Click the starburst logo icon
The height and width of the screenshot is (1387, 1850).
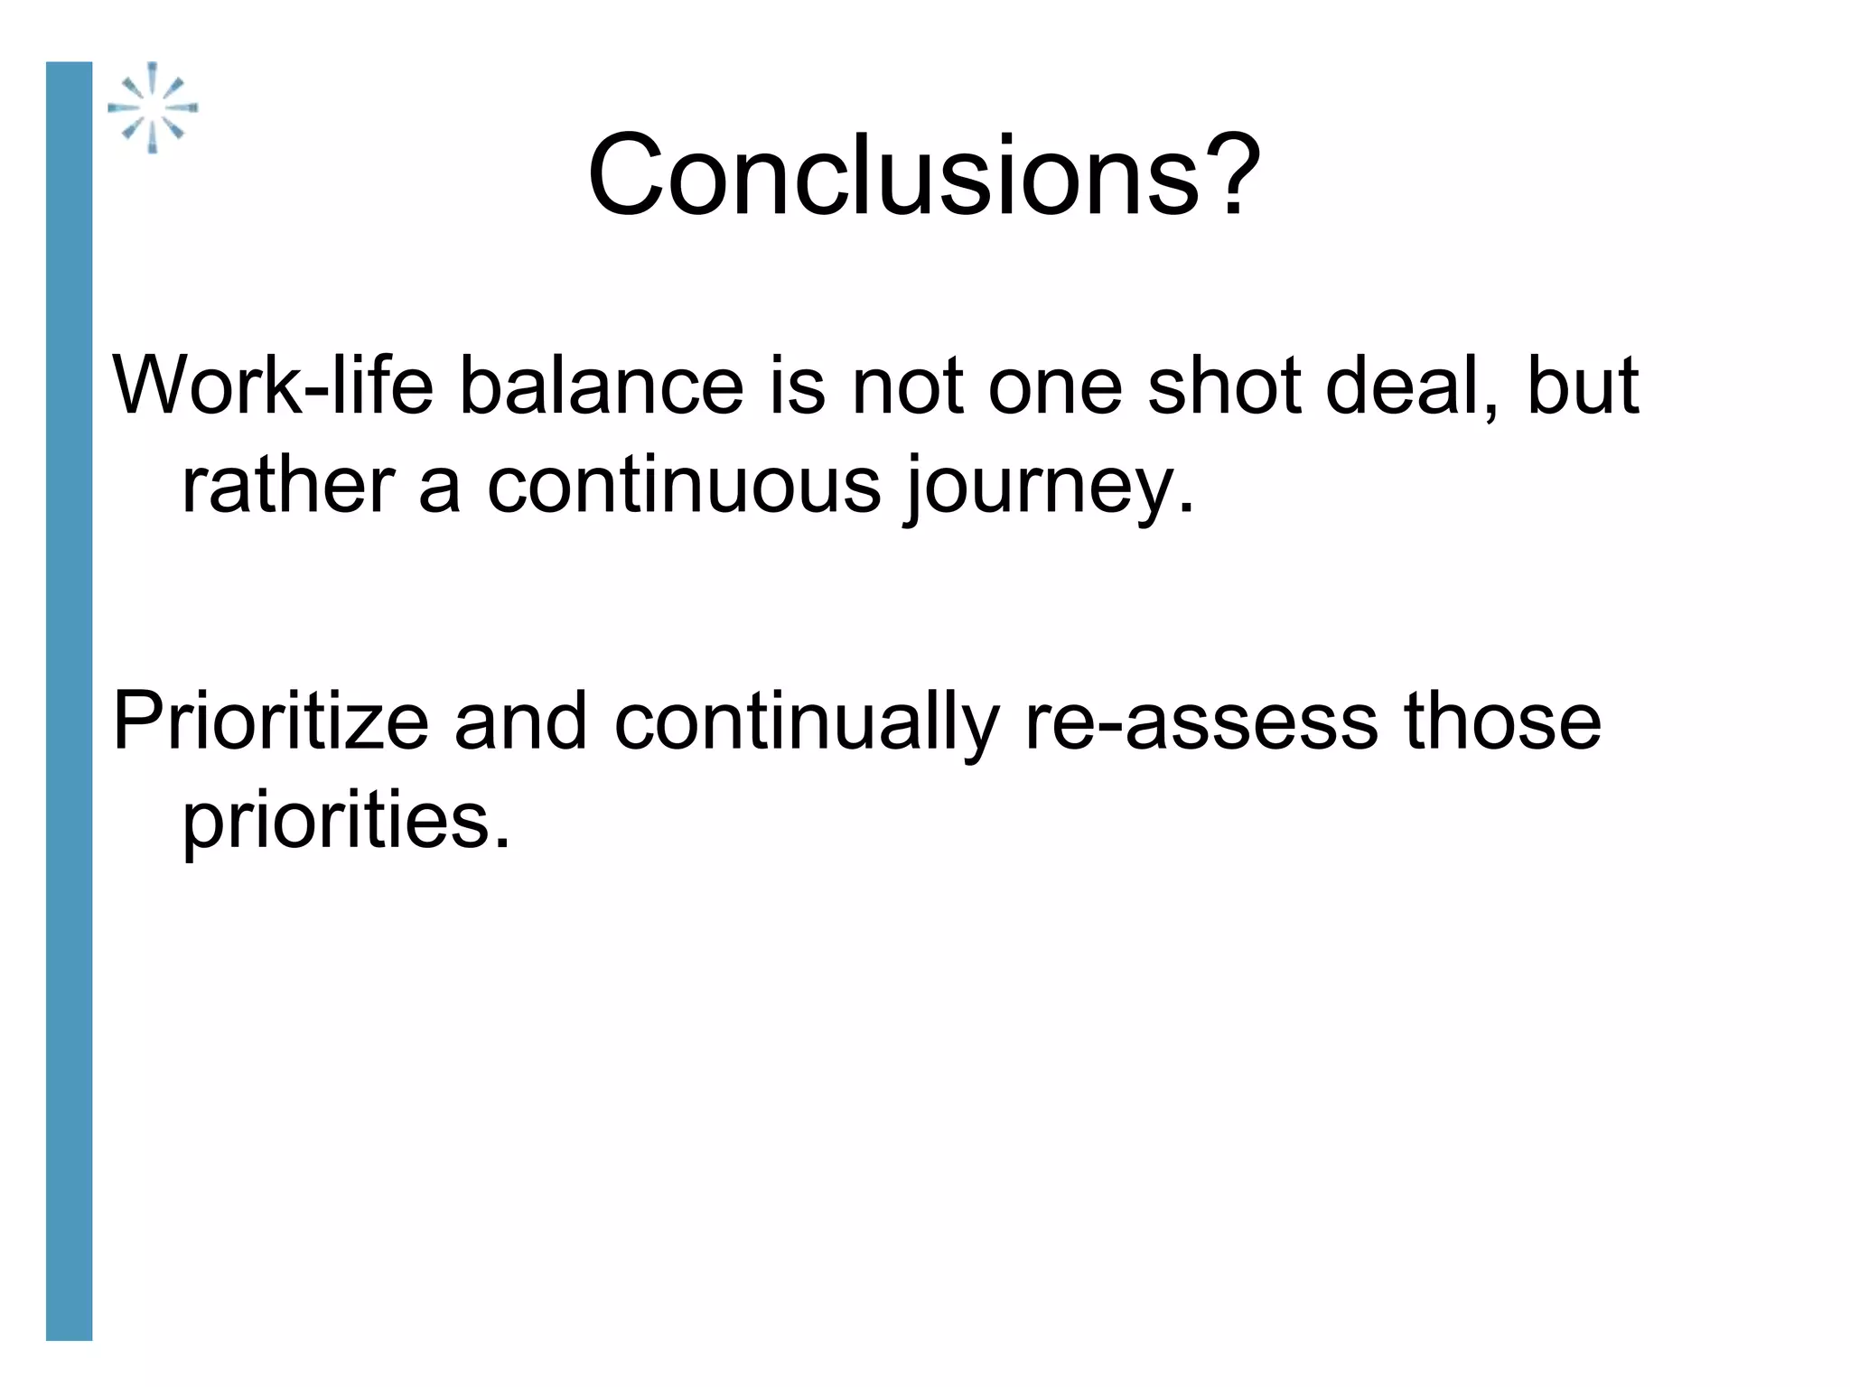pyautogui.click(x=153, y=107)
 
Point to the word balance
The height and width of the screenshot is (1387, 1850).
pyautogui.click(x=601, y=386)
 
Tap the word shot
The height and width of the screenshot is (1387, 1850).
pyautogui.click(x=1224, y=386)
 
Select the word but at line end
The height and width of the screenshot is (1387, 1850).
pyautogui.click(x=1582, y=386)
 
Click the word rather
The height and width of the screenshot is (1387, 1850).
pyautogui.click(x=288, y=486)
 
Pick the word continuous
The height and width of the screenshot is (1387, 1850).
pyautogui.click(x=683, y=486)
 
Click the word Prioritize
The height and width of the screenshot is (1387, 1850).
pyautogui.click(x=270, y=721)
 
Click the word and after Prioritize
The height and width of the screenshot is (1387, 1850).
pyautogui.click(x=520, y=721)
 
